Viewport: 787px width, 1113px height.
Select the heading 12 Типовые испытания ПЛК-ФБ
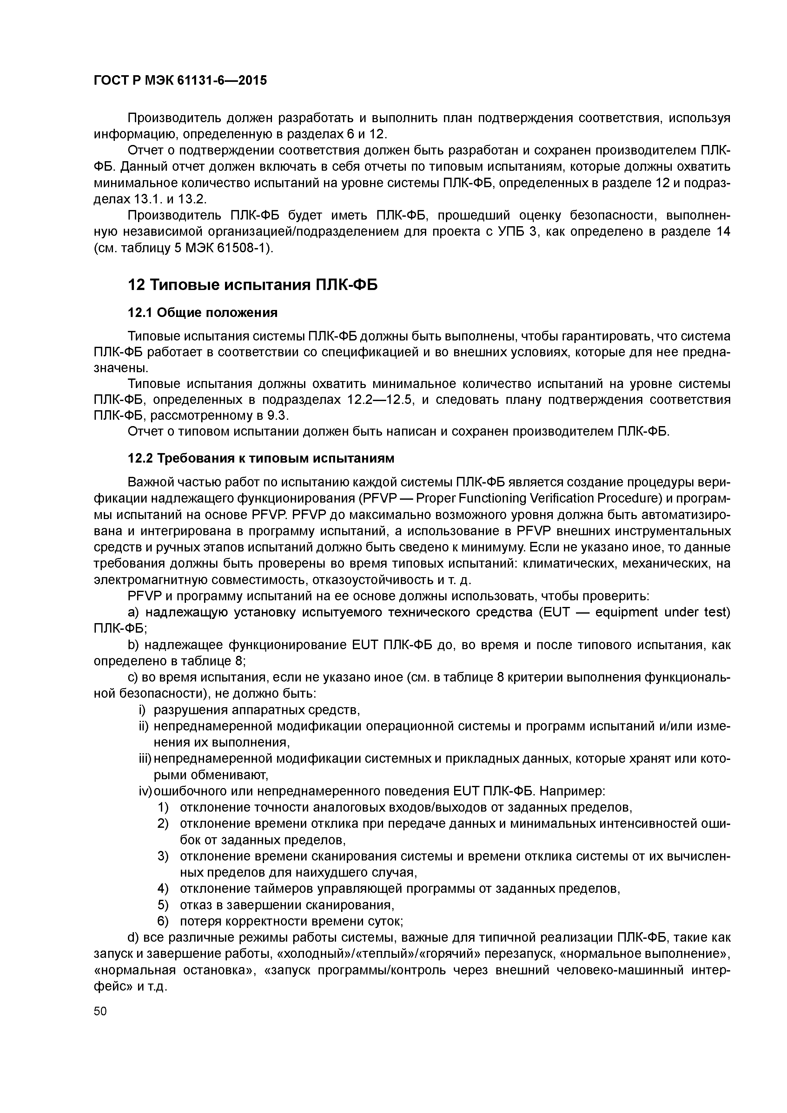pos(252,285)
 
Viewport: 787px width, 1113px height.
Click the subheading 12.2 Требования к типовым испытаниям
pos(261,458)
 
